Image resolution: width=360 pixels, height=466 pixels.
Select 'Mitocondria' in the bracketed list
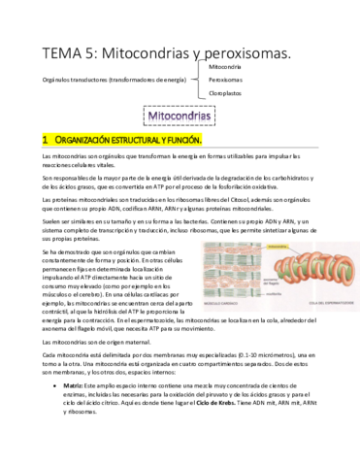pos(227,65)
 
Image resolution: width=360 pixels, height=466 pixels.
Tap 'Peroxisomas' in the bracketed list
pos(227,80)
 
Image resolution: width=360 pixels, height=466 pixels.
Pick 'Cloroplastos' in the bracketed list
pos(228,94)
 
